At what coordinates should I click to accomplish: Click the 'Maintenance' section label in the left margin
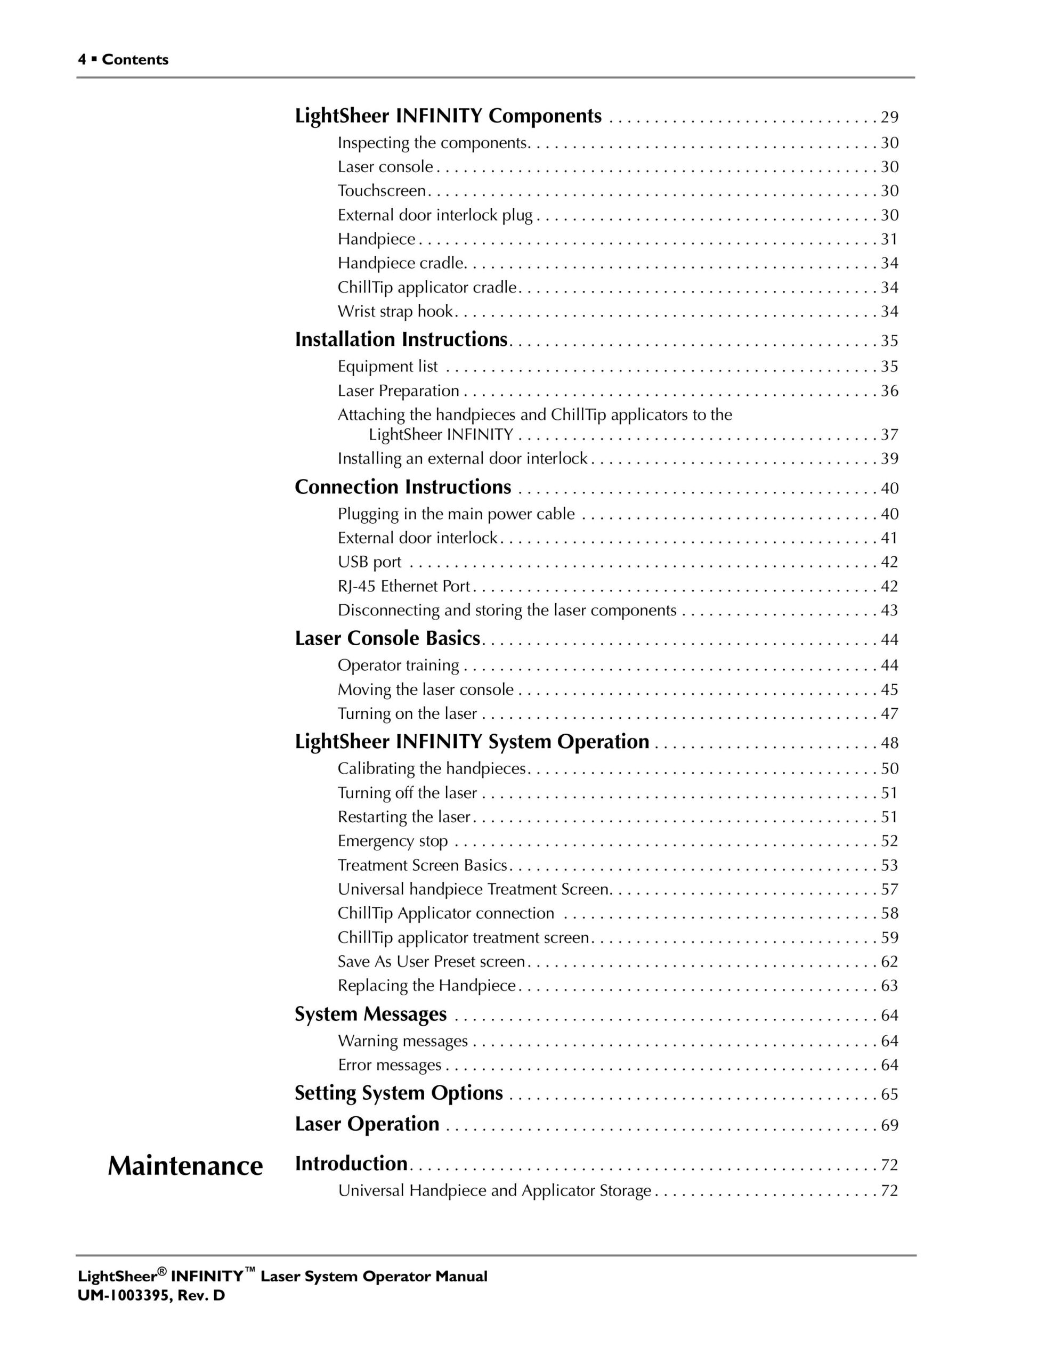click(x=185, y=1165)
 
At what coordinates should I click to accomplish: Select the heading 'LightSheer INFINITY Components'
click(x=448, y=116)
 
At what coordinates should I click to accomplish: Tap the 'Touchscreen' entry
click(x=382, y=191)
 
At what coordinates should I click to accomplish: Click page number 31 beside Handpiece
click(x=889, y=239)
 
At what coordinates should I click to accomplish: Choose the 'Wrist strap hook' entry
click(x=395, y=311)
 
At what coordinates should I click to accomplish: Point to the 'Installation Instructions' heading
click(x=401, y=340)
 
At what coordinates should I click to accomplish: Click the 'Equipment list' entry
click(x=387, y=366)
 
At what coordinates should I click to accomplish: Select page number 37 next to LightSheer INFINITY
click(x=889, y=435)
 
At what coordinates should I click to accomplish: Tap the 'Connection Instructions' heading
click(x=403, y=487)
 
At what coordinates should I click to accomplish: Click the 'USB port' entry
click(x=369, y=562)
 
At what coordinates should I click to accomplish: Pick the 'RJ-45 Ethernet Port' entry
click(x=403, y=587)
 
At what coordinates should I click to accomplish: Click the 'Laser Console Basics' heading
click(x=387, y=638)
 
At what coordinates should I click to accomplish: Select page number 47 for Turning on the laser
click(x=889, y=713)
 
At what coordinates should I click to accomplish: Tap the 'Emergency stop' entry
click(x=392, y=841)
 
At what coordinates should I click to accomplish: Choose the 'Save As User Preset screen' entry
click(x=431, y=962)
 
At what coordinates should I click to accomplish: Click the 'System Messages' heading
click(x=370, y=1014)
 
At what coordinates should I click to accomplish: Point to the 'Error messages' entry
click(x=389, y=1065)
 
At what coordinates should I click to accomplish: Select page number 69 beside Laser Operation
click(x=889, y=1125)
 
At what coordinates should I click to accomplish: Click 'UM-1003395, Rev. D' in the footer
click(x=151, y=1295)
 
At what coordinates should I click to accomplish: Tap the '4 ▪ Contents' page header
click(x=123, y=60)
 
